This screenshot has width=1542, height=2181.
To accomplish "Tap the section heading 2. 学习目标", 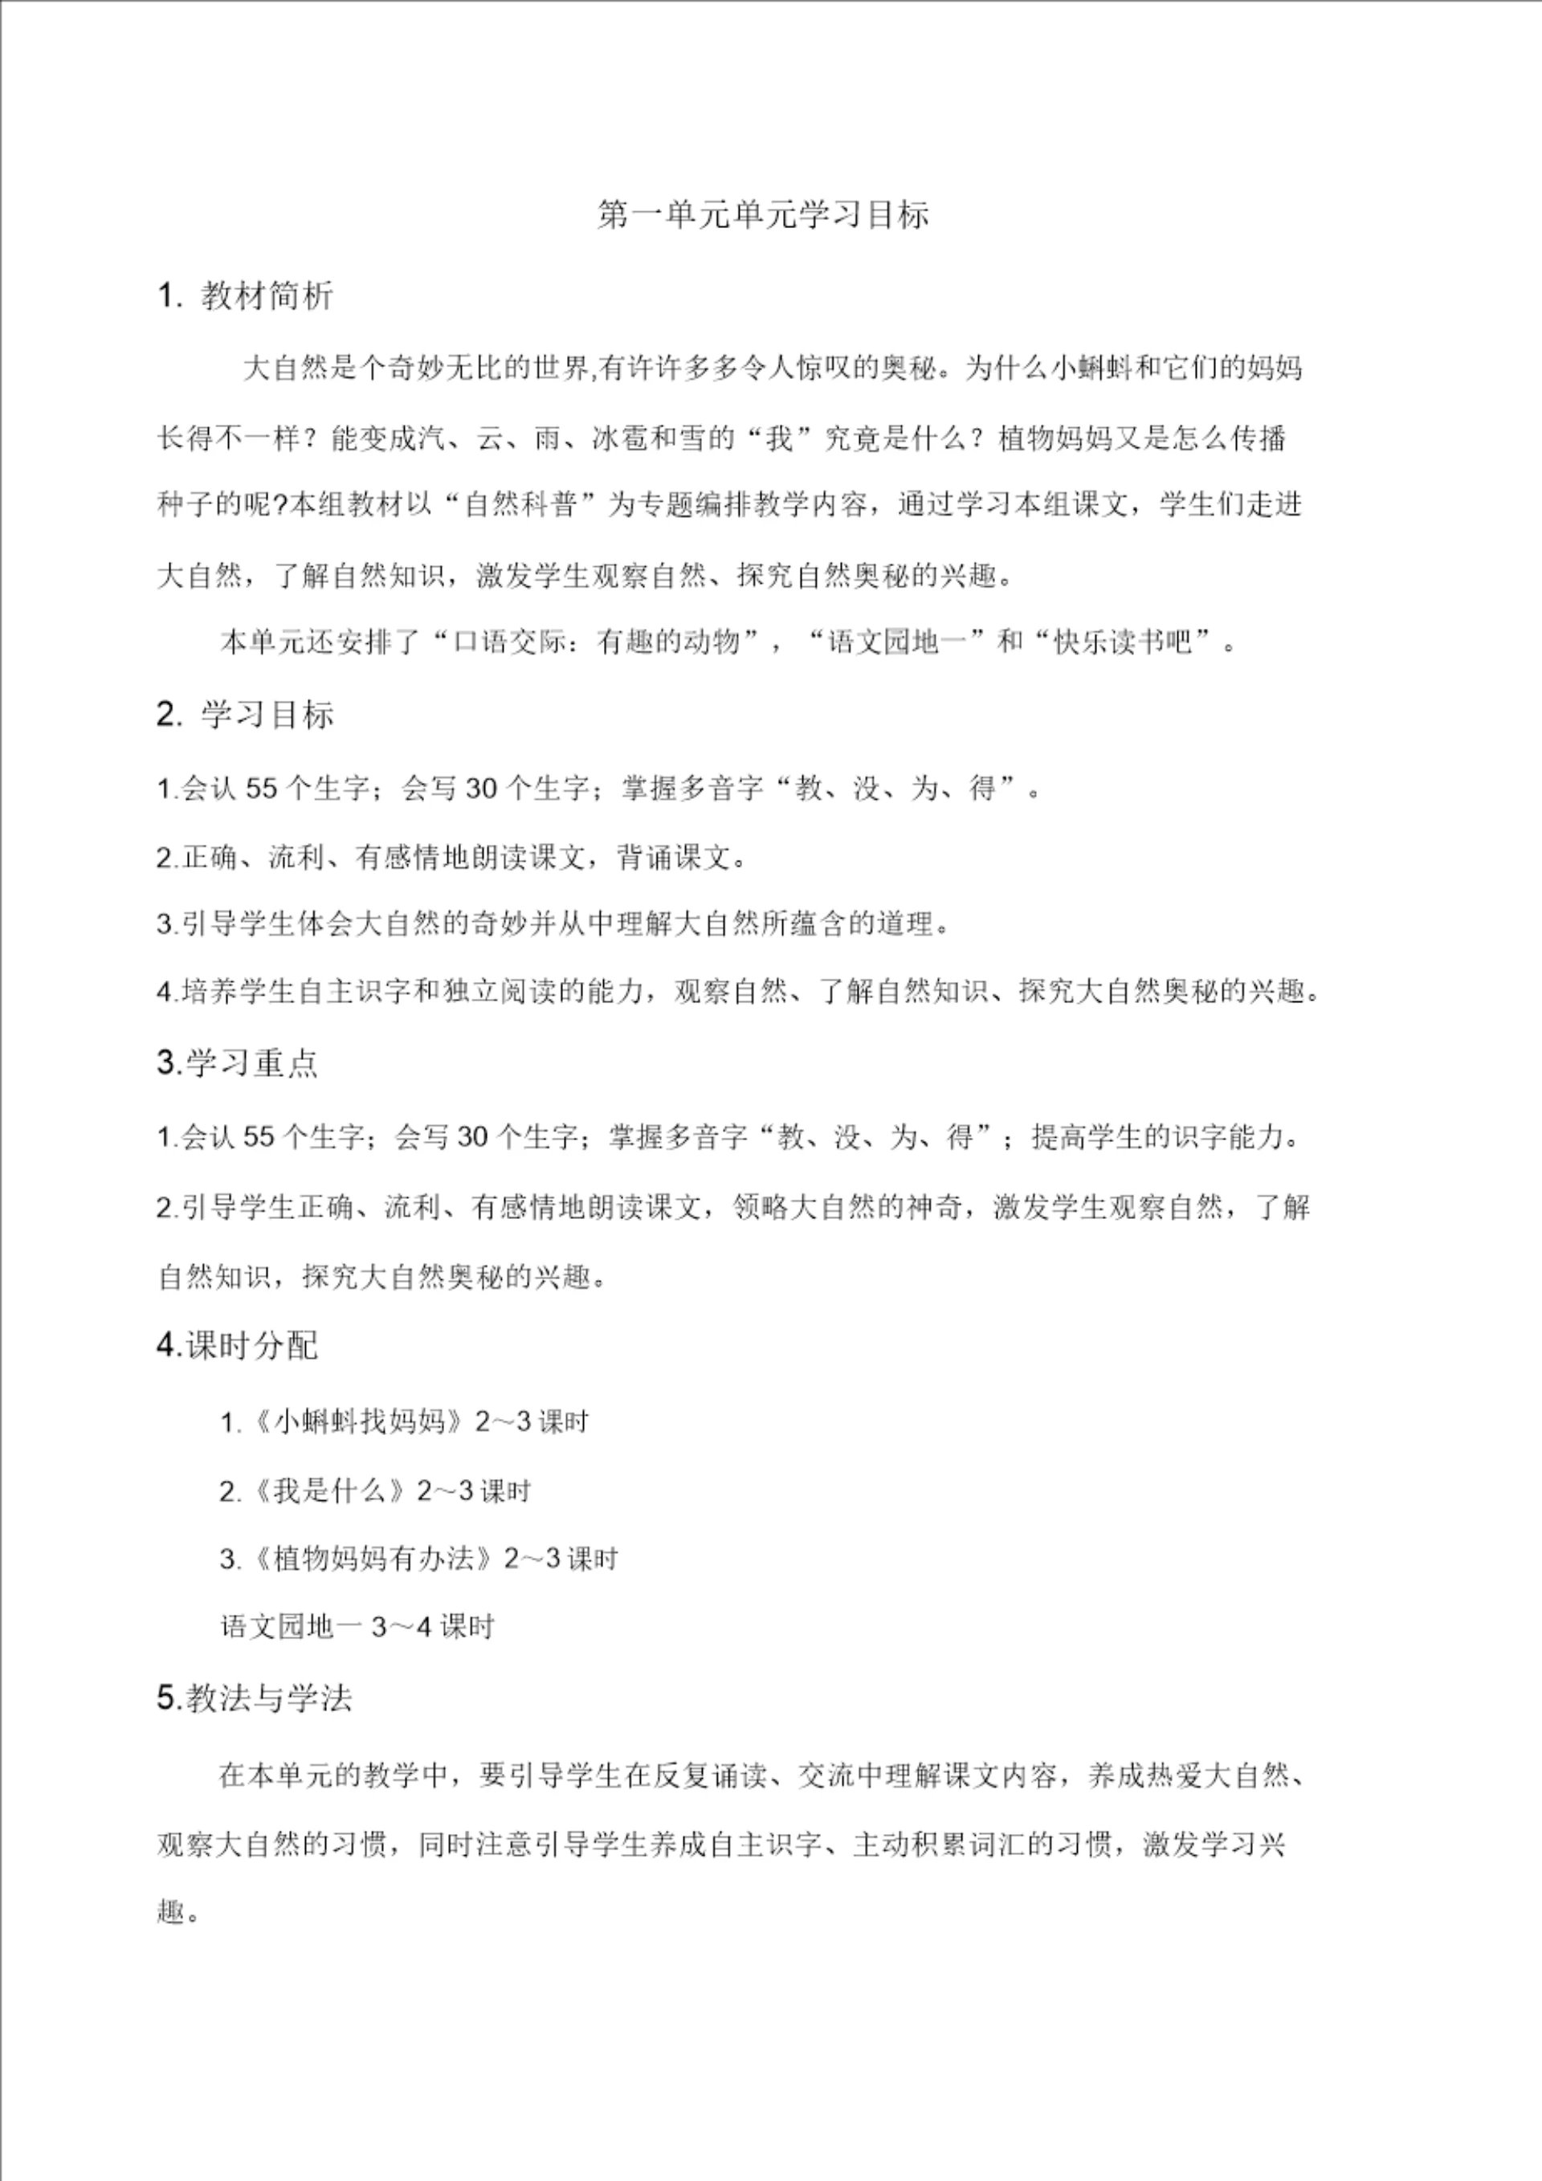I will (245, 715).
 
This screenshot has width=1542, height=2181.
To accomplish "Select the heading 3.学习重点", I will (238, 1063).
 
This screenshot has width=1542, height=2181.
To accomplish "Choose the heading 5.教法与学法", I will (254, 1698).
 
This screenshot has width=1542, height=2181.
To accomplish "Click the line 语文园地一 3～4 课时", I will (357, 1627).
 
